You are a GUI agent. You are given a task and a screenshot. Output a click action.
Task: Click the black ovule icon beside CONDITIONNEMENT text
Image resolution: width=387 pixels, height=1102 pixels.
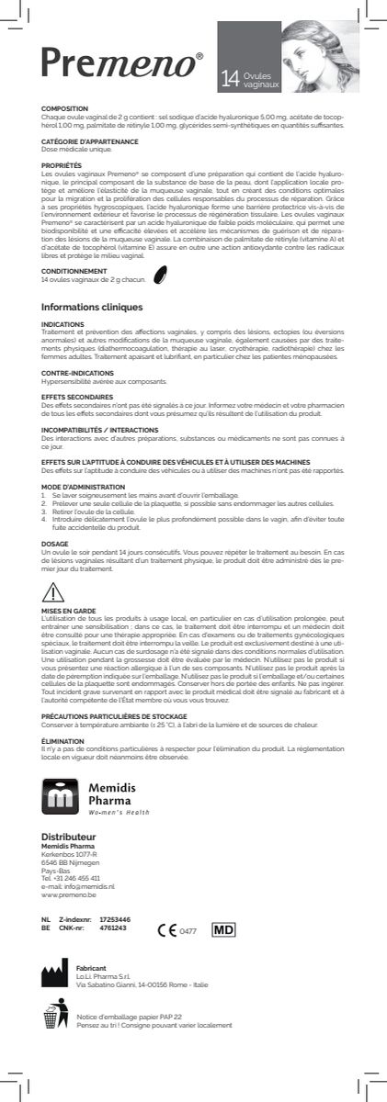[x=159, y=275]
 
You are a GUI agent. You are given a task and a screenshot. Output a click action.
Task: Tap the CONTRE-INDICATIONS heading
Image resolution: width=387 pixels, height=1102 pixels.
[x=74, y=374]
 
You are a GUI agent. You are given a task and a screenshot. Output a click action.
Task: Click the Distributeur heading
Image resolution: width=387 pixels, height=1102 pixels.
[x=69, y=837]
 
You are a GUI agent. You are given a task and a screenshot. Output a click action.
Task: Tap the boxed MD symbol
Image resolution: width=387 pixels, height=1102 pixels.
[x=224, y=928]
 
